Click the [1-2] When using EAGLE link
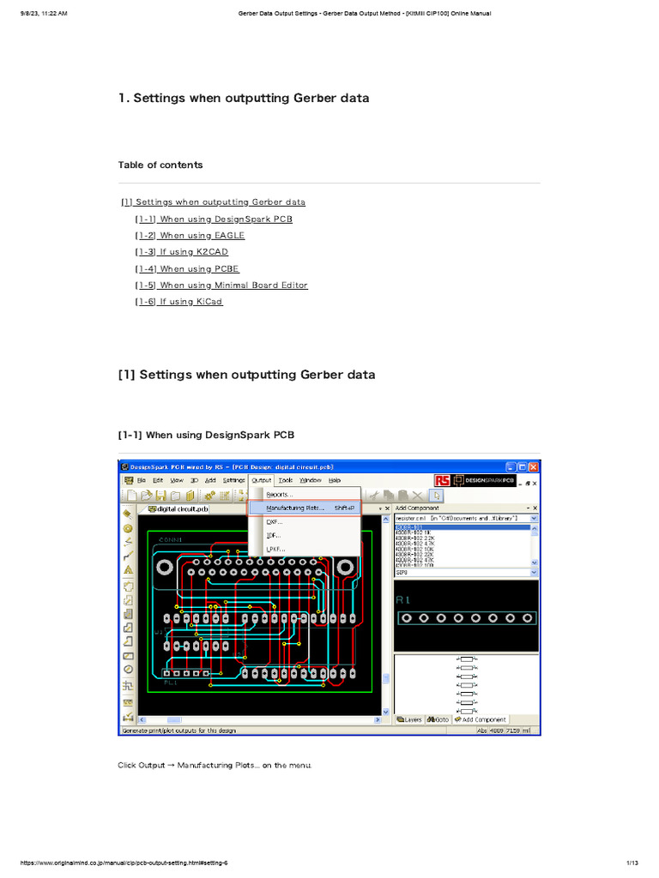[190, 236]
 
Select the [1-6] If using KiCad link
[178, 302]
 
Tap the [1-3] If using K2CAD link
[181, 252]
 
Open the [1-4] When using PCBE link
[187, 269]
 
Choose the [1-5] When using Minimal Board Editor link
[221, 286]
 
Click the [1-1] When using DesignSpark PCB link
[214, 219]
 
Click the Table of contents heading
[160, 165]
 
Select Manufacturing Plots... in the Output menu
[295, 508]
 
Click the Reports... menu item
[280, 495]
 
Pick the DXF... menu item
[275, 521]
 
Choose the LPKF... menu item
[276, 549]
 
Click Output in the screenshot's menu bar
[262, 480]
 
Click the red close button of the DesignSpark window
[534, 467]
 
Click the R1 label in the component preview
[403, 601]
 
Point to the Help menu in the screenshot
[335, 480]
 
